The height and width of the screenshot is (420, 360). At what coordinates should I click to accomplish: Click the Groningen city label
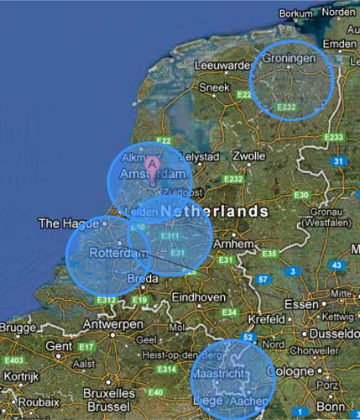coord(289,59)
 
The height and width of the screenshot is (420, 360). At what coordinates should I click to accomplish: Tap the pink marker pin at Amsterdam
coord(152,163)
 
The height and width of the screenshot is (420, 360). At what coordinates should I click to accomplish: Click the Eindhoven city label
coord(198,297)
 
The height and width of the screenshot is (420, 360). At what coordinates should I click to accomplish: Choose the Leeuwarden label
coord(222,65)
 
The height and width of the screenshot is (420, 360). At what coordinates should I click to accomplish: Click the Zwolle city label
coord(248,156)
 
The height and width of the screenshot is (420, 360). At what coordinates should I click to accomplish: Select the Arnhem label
coord(232,243)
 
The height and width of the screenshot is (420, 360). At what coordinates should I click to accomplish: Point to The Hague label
coord(60,223)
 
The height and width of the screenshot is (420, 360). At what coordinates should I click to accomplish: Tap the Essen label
coord(302,303)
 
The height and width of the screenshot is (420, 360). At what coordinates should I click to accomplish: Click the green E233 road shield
coord(334,137)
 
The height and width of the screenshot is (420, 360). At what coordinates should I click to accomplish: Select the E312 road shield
coord(106,300)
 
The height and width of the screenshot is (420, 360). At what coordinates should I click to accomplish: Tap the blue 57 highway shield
coord(263,279)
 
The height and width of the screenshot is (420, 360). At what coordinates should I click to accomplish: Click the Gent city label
coord(59,344)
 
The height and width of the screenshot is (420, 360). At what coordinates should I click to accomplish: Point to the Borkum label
coord(295,13)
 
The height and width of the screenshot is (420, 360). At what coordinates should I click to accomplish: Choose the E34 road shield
coord(228,312)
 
